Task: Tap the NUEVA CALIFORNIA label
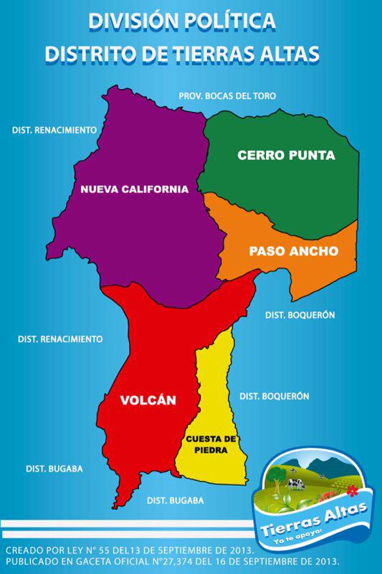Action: coord(134,189)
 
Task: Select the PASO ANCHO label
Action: coord(292,251)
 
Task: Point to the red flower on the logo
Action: coord(351,491)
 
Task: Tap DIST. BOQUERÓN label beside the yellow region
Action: coord(274,396)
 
